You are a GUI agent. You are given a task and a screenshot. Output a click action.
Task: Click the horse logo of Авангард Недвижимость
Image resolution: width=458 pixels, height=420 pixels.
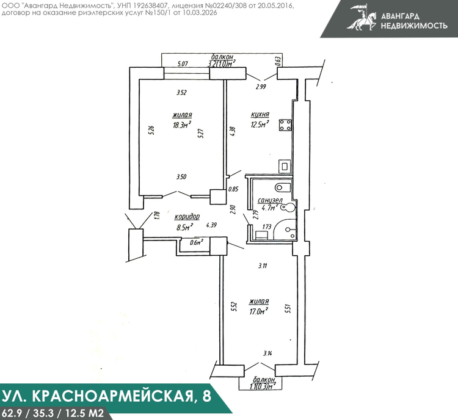[x=362, y=18]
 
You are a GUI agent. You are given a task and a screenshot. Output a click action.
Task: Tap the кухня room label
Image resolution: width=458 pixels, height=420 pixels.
[x=260, y=114]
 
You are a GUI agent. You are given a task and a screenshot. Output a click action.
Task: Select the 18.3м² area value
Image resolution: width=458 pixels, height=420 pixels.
[x=182, y=125]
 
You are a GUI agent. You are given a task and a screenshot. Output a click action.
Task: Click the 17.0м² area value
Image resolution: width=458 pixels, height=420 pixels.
[x=259, y=311]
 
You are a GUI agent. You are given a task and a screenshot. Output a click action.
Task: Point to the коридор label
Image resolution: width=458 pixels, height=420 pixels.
[x=187, y=217]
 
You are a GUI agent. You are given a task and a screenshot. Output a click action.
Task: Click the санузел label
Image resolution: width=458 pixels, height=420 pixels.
[x=269, y=200]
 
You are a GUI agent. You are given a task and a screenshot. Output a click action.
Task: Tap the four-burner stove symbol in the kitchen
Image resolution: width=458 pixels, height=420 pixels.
[x=285, y=125]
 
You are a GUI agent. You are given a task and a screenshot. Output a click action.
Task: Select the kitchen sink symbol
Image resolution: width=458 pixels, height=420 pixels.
[x=285, y=167]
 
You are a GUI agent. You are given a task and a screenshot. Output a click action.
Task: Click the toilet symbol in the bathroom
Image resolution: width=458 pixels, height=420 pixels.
[x=283, y=187]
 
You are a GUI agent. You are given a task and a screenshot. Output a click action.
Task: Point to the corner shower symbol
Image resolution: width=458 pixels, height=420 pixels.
[x=285, y=230]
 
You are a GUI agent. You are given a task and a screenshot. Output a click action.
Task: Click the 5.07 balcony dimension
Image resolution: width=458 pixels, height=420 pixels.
[x=183, y=63]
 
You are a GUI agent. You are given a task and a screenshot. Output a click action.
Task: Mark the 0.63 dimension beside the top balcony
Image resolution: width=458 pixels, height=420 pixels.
[x=278, y=61]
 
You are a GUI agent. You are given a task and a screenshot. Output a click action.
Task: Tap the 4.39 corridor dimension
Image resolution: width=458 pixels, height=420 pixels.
[x=211, y=225]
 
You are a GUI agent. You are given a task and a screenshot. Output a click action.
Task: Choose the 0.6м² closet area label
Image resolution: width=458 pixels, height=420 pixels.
[x=196, y=242]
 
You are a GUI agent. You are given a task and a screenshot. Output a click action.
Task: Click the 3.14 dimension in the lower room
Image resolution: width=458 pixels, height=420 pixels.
[x=267, y=353]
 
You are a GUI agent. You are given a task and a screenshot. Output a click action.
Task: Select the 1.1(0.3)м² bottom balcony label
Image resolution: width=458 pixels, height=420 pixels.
[x=264, y=386]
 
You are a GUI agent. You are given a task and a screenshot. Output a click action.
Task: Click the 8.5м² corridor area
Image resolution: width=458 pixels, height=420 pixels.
[x=184, y=227]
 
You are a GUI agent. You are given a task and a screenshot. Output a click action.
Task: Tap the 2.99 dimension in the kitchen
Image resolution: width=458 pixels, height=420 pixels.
[x=261, y=87]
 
